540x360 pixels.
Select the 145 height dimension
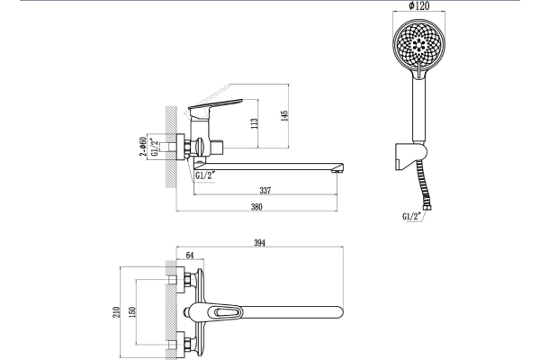click(283, 115)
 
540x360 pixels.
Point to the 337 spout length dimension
click(265, 190)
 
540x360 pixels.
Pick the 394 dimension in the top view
click(260, 243)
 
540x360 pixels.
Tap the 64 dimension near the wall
click(190, 256)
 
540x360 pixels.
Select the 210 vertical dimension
click(116, 310)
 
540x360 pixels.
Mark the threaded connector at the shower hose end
click(430, 206)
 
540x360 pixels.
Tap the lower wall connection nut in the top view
click(184, 342)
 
